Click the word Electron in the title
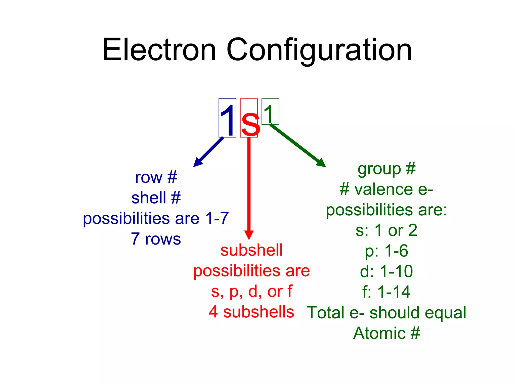click(x=159, y=50)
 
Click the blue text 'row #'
click(x=156, y=177)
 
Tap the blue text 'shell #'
click(x=156, y=198)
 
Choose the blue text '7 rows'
click(x=156, y=238)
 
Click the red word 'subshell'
click(x=251, y=250)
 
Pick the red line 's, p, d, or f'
click(x=251, y=291)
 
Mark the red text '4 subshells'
click(x=251, y=312)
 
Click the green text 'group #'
click(x=387, y=169)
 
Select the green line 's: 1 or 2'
click(x=387, y=230)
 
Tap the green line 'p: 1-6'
click(x=387, y=251)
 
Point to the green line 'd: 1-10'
click(x=387, y=271)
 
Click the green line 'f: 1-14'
click(x=387, y=292)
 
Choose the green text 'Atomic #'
click(x=387, y=333)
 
